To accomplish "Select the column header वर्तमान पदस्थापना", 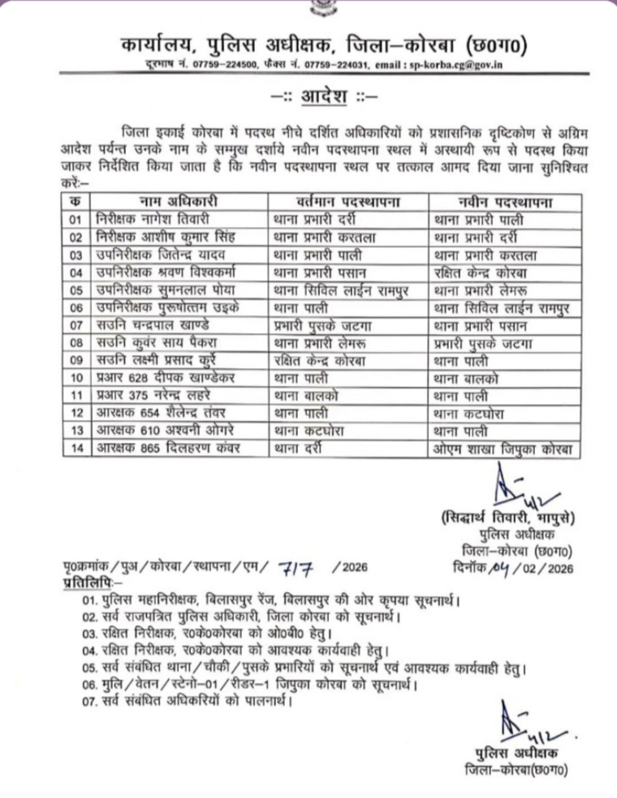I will pos(347,201).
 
